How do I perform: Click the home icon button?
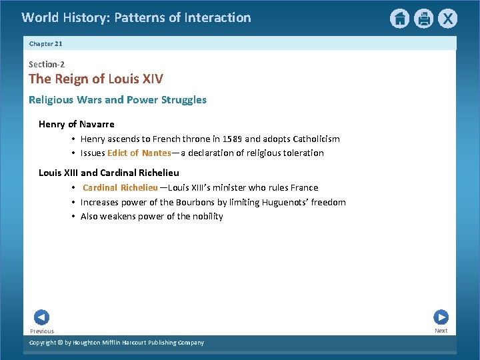(399, 19)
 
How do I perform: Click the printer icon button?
(423, 19)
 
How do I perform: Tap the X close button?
(447, 19)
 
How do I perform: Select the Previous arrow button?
(41, 317)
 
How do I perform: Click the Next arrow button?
(441, 317)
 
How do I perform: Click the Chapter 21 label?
(45, 43)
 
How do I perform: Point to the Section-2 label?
(47, 64)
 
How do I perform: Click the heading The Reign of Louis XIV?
(95, 79)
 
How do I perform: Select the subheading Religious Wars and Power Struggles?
(117, 100)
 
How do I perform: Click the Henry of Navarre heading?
(76, 124)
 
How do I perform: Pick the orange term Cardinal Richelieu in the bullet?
(120, 187)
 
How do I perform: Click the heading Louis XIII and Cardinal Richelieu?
(109, 173)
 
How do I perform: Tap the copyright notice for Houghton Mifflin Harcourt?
(117, 343)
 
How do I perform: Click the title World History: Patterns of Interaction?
(136, 17)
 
